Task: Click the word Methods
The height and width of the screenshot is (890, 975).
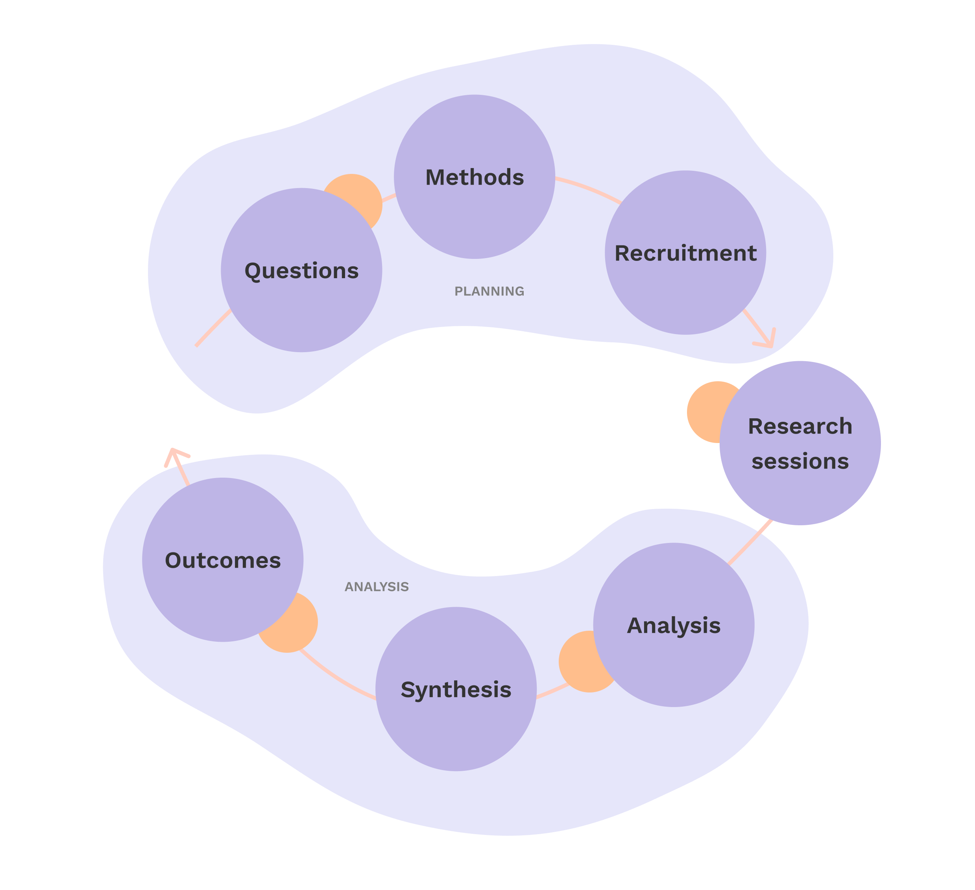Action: pos(475,177)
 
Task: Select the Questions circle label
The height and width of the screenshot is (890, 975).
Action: pos(301,271)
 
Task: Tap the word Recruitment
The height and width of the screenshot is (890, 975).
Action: pos(685,253)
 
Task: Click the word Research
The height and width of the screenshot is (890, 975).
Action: pos(800,427)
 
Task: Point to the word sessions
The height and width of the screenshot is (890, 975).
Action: pos(800,462)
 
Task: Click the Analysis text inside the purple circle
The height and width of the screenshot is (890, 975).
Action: pos(674,626)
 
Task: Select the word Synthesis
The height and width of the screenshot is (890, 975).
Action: pos(456,690)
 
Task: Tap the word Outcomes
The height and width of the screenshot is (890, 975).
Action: pos(222,561)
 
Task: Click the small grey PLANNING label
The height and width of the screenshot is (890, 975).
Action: pos(489,291)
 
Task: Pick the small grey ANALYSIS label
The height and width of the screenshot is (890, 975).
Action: pos(377,587)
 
